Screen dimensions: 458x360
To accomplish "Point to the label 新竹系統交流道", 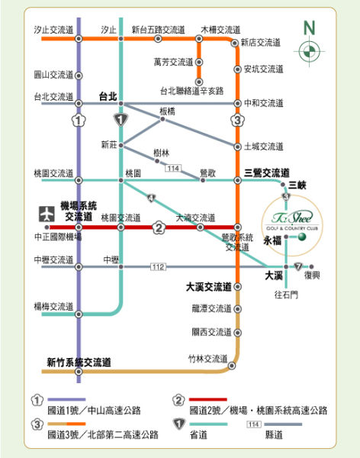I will (x=79, y=362).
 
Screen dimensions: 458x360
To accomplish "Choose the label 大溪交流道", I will (x=209, y=287).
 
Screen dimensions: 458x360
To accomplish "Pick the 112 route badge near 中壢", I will (x=158, y=266).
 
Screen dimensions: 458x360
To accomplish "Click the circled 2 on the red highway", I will (x=159, y=227).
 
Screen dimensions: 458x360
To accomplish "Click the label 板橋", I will (x=167, y=111).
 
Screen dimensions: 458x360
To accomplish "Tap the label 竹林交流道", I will (x=207, y=358).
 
